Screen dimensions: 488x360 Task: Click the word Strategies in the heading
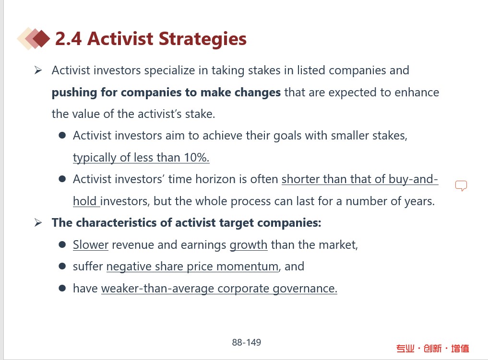[202, 39]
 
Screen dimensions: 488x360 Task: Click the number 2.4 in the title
[69, 39]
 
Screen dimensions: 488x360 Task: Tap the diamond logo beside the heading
[34, 38]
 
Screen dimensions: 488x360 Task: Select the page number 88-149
[247, 342]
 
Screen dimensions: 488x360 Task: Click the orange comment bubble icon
[461, 186]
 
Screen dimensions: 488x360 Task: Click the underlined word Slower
[91, 244]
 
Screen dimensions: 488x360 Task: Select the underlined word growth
[249, 245]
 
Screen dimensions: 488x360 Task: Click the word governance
[305, 289]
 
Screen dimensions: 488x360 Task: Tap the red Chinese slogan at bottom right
[433, 348]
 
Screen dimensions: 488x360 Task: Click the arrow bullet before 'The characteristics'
[38, 222]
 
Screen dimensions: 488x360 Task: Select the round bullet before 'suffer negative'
[62, 267]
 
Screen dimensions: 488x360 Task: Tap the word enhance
[417, 93]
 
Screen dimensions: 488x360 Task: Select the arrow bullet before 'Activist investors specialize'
[38, 70]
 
